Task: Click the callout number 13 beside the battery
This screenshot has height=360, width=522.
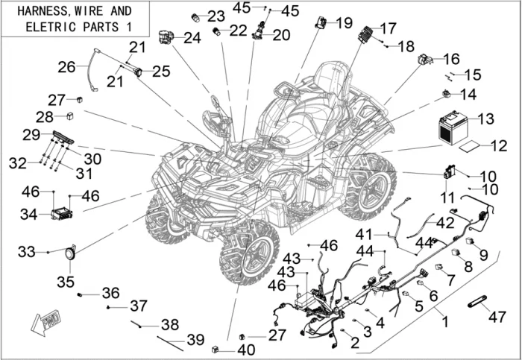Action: tap(485, 119)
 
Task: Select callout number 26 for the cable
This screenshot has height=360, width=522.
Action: tap(66, 67)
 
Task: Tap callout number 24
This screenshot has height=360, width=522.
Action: tap(192, 37)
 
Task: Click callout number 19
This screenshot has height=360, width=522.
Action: tap(343, 22)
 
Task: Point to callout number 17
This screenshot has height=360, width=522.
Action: tap(388, 29)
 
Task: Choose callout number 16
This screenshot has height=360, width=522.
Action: tap(452, 58)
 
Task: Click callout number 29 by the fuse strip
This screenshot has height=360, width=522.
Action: tap(31, 135)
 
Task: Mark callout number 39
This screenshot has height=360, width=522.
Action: tap(195, 339)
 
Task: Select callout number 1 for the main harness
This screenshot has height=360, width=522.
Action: tap(445, 323)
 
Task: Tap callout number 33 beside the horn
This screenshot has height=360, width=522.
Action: tap(27, 253)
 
